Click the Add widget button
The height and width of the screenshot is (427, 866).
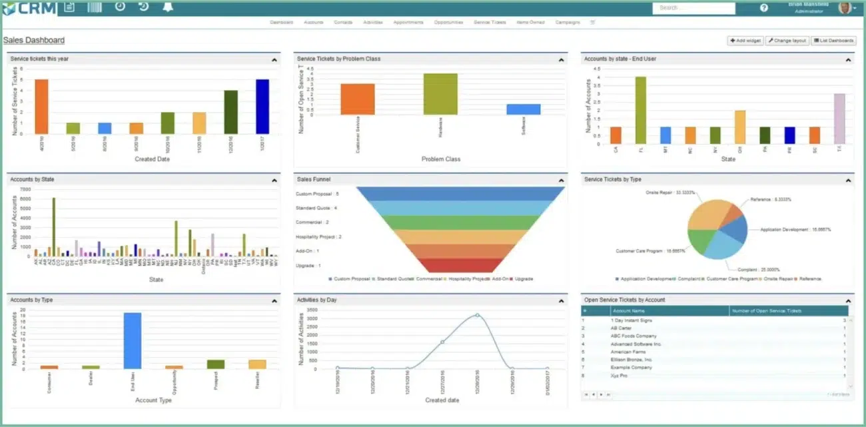coord(745,41)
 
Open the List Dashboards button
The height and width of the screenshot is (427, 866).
coord(833,41)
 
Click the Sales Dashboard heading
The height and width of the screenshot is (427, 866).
coord(34,40)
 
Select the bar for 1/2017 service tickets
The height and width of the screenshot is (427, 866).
coord(262,107)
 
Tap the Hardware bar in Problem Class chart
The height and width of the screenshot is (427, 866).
coord(440,94)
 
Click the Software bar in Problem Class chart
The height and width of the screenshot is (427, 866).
coord(523,109)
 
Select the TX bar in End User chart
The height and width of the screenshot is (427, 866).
coord(839,119)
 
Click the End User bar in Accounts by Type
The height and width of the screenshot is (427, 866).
coord(132,340)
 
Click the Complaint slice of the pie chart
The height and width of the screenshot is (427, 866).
coord(724,245)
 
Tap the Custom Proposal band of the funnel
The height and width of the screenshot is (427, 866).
coord(460,193)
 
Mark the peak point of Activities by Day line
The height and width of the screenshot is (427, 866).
coord(477,315)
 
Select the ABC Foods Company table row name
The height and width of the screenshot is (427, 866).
coord(634,336)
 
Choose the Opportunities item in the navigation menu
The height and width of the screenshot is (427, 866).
coord(448,23)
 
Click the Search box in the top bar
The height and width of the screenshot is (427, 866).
coord(693,8)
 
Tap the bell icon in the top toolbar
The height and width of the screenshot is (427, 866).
coord(167,7)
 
